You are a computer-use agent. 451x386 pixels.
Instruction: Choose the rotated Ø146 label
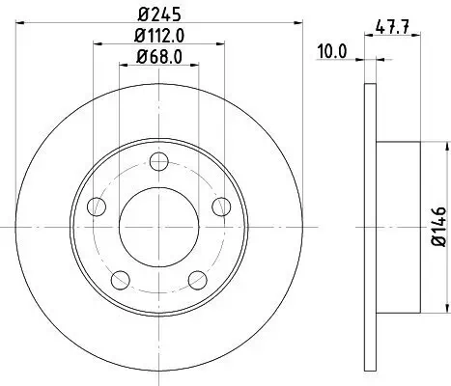437,226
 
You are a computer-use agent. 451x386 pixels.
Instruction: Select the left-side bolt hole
95,207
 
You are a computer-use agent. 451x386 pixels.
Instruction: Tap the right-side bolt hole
221,206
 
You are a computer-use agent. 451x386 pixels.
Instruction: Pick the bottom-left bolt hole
119,280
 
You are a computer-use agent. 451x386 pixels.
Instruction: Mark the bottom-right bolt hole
197,280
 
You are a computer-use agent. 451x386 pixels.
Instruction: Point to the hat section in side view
397,226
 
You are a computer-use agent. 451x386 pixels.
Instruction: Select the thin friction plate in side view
369,226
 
